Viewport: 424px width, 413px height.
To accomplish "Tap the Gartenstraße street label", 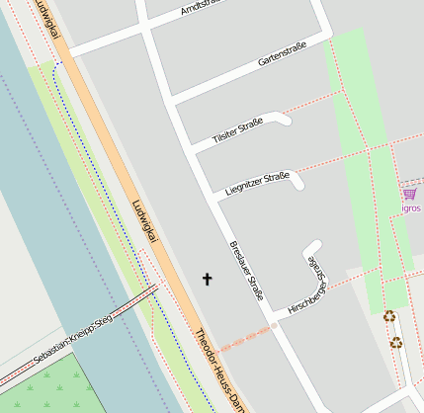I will coord(282,53).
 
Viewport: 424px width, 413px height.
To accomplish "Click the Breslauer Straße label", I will coord(246,270).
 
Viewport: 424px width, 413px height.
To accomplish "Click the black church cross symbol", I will coord(208,280).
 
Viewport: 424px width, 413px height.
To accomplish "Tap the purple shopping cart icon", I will coord(409,194).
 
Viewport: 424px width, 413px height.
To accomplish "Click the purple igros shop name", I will coord(410,208).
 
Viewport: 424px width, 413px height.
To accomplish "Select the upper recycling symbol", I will coord(389,316).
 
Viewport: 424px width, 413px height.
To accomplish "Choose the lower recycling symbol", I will coord(395,342).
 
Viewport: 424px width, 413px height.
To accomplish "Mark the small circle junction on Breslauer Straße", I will coord(274,325).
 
